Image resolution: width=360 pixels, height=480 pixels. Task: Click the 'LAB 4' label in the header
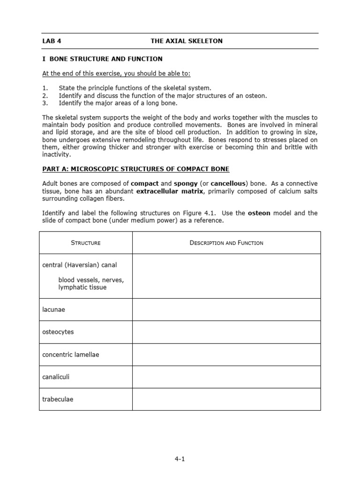(x=52, y=41)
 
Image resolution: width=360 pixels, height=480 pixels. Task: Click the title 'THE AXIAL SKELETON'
(x=187, y=41)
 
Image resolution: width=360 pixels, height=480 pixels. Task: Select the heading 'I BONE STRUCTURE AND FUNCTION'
(x=102, y=59)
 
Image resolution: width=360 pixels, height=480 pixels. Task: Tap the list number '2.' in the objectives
(x=45, y=96)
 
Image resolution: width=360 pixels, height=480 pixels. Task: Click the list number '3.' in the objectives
(x=45, y=103)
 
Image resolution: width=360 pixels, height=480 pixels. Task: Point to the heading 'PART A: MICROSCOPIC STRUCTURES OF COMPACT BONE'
(x=136, y=169)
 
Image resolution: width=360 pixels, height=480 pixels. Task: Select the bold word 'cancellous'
(x=228, y=183)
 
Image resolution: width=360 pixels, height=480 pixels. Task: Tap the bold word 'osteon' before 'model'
(x=259, y=213)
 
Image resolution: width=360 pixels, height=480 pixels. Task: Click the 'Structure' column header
(x=86, y=243)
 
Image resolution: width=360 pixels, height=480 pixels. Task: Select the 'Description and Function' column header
(x=226, y=243)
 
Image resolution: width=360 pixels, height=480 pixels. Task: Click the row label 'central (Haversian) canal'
(x=80, y=265)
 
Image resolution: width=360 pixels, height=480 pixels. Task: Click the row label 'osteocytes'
(x=58, y=332)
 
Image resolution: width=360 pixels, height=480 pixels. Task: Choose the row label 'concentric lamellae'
(x=71, y=354)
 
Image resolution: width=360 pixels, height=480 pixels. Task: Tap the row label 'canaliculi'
(x=56, y=377)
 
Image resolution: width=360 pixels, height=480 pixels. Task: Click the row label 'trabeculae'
(x=58, y=399)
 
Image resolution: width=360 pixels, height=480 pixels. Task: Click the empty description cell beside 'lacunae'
(x=226, y=310)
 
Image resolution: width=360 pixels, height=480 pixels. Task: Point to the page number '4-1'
(x=180, y=459)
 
